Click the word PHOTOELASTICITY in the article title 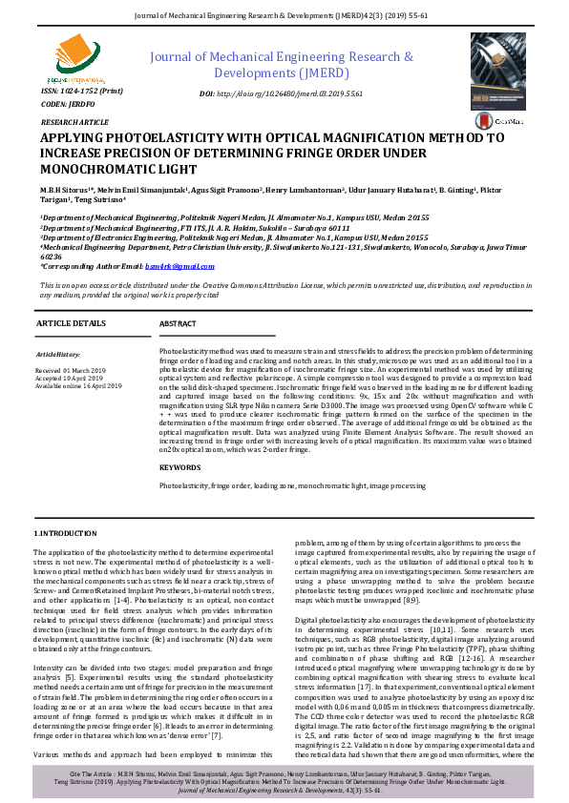158,138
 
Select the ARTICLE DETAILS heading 71,324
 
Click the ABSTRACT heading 178,324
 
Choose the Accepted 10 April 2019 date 70,377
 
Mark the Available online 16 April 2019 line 78,385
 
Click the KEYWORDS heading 180,467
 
